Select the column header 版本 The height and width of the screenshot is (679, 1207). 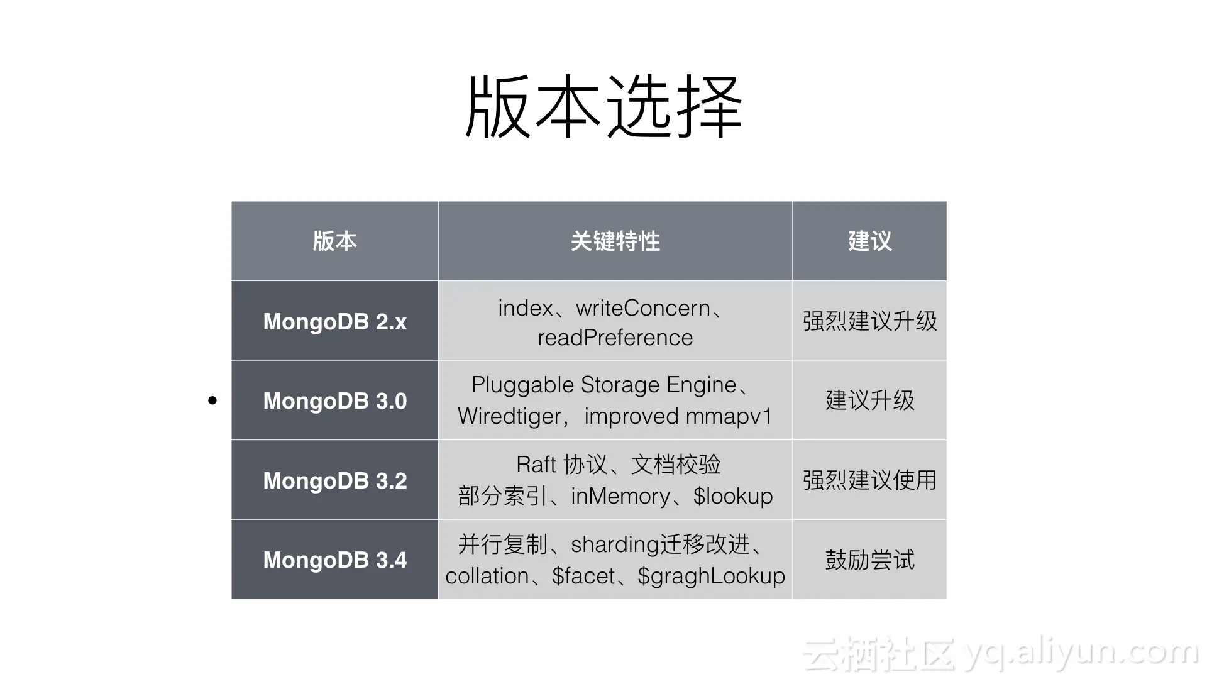[334, 241]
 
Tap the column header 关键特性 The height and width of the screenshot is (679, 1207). [615, 241]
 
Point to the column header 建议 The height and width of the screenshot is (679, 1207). [869, 241]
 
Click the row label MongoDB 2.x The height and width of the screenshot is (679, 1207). [334, 322]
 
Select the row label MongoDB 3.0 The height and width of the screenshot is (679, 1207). [334, 401]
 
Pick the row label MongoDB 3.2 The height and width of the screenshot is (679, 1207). [334, 481]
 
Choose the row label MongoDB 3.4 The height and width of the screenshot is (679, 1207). [334, 560]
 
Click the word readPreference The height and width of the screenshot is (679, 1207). [615, 338]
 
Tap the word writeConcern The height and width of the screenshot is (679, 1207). [643, 308]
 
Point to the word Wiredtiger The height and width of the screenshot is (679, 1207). [509, 417]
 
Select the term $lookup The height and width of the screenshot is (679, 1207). [733, 497]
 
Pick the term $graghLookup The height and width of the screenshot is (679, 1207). [711, 577]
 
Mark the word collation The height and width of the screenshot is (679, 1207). [487, 577]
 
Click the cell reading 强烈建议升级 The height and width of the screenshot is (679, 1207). [869, 322]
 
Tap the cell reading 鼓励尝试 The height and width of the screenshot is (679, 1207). [869, 560]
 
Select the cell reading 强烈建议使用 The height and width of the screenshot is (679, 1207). [869, 481]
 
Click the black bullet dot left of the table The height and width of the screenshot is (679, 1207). [212, 400]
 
